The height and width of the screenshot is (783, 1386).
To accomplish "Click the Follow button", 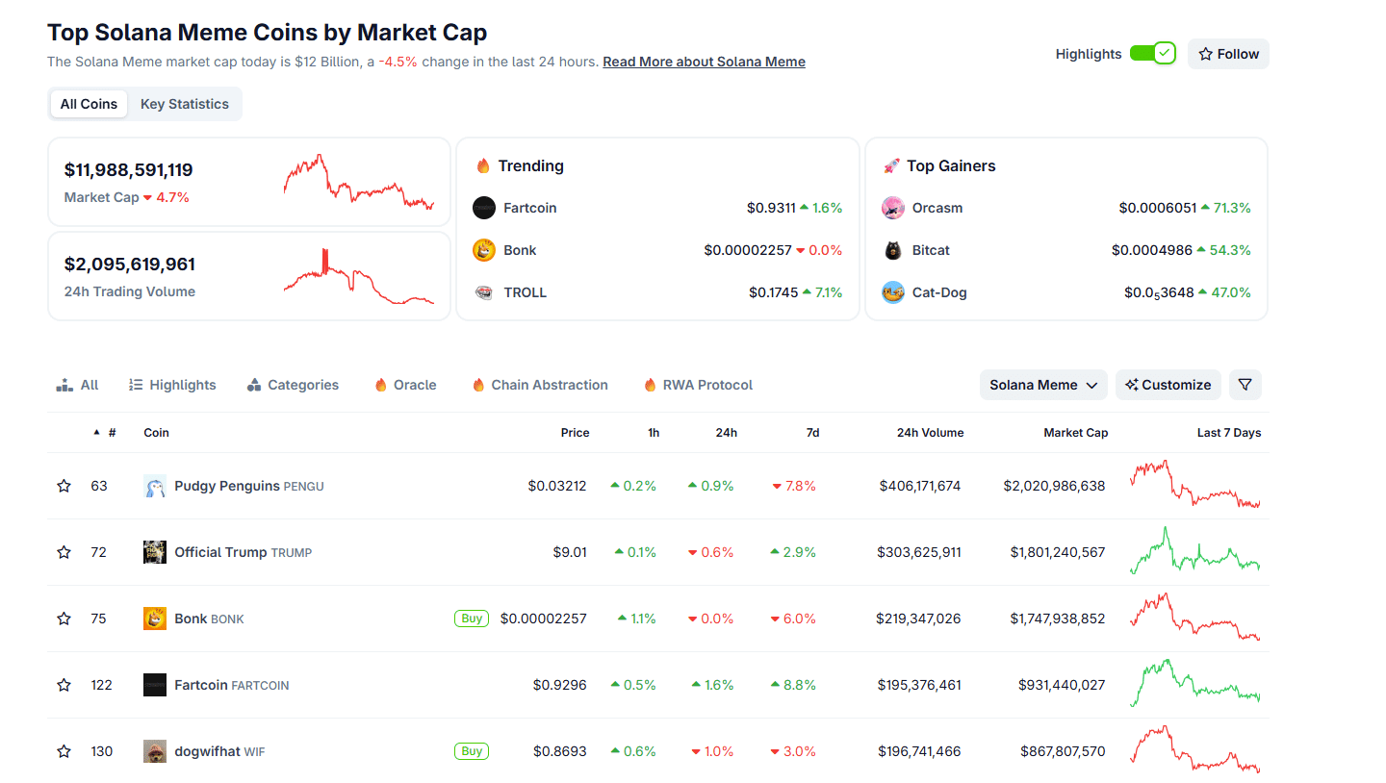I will (1228, 54).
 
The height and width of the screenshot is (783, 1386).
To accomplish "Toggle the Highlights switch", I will (1152, 54).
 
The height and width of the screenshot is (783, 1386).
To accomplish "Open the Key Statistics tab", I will (185, 104).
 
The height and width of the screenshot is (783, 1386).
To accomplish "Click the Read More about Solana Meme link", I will (704, 62).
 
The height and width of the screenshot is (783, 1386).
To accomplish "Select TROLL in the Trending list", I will (525, 292).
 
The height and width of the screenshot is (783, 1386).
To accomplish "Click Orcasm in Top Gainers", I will (937, 208).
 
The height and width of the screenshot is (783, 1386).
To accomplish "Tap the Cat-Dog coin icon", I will (893, 292).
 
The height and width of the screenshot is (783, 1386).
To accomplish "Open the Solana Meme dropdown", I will (1043, 385).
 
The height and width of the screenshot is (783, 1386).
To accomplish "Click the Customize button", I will (1168, 385).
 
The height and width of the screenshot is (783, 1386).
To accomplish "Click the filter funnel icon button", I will (1245, 385).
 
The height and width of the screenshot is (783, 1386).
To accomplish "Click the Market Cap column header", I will (1075, 433).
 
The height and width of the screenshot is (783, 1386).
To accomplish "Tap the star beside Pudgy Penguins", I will (64, 486).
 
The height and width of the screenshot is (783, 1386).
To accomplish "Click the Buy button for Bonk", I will (472, 619).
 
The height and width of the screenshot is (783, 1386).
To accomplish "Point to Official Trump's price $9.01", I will (569, 552).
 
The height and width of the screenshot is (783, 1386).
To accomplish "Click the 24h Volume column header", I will (930, 433).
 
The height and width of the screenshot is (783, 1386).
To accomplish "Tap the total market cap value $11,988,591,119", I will (129, 170).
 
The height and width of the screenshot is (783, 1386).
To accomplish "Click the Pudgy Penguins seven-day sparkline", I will (1194, 486).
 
